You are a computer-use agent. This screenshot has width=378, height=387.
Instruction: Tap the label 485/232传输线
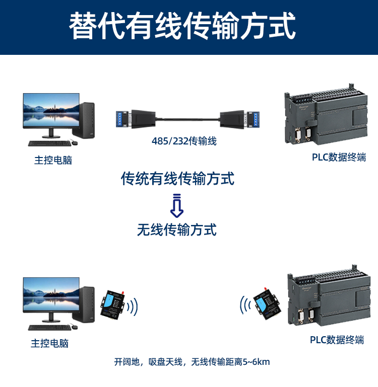click(x=184, y=141)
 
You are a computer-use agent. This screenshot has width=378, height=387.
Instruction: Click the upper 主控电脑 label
click(x=53, y=161)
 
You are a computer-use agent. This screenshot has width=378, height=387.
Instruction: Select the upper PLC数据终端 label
click(x=339, y=157)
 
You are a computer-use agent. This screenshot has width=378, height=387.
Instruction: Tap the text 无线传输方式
click(x=177, y=230)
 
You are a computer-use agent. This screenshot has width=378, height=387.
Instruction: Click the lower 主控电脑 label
click(x=49, y=343)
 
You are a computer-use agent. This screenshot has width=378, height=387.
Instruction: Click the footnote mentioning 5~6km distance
click(x=192, y=361)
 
